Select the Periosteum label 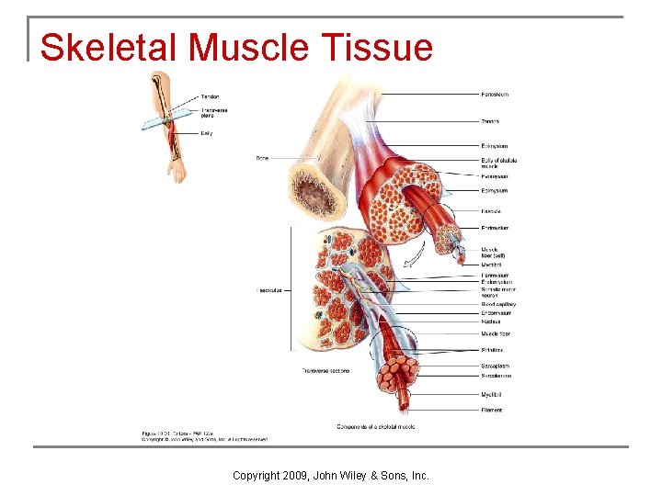tap(495, 95)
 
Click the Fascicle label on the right tap(492, 210)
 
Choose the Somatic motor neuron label tap(497, 292)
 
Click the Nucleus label tap(491, 321)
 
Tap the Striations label tap(492, 350)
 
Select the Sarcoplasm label tap(495, 366)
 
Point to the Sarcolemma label tap(496, 376)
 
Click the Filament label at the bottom tap(492, 410)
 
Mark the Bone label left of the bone tap(262, 158)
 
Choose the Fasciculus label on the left tap(268, 289)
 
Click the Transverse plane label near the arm tap(214, 113)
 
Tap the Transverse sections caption tap(325, 371)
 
